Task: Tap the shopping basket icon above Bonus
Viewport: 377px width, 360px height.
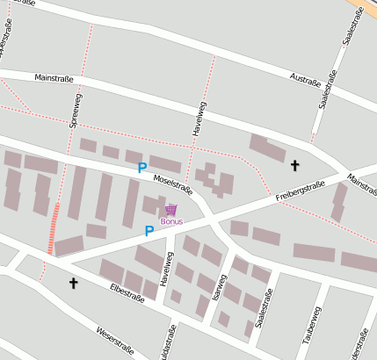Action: [170, 209]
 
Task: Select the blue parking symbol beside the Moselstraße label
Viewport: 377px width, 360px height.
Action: [142, 168]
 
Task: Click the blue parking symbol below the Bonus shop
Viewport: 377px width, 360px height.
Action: [149, 231]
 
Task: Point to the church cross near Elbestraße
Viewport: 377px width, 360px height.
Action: [73, 283]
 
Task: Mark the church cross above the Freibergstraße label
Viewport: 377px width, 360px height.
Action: [294, 165]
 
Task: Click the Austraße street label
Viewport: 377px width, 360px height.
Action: [304, 80]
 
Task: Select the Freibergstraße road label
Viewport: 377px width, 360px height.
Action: [300, 191]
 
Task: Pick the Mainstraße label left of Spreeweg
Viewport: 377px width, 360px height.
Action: [53, 77]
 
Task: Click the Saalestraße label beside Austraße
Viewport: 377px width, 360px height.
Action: [330, 90]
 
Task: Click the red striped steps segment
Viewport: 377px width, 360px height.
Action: [54, 227]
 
